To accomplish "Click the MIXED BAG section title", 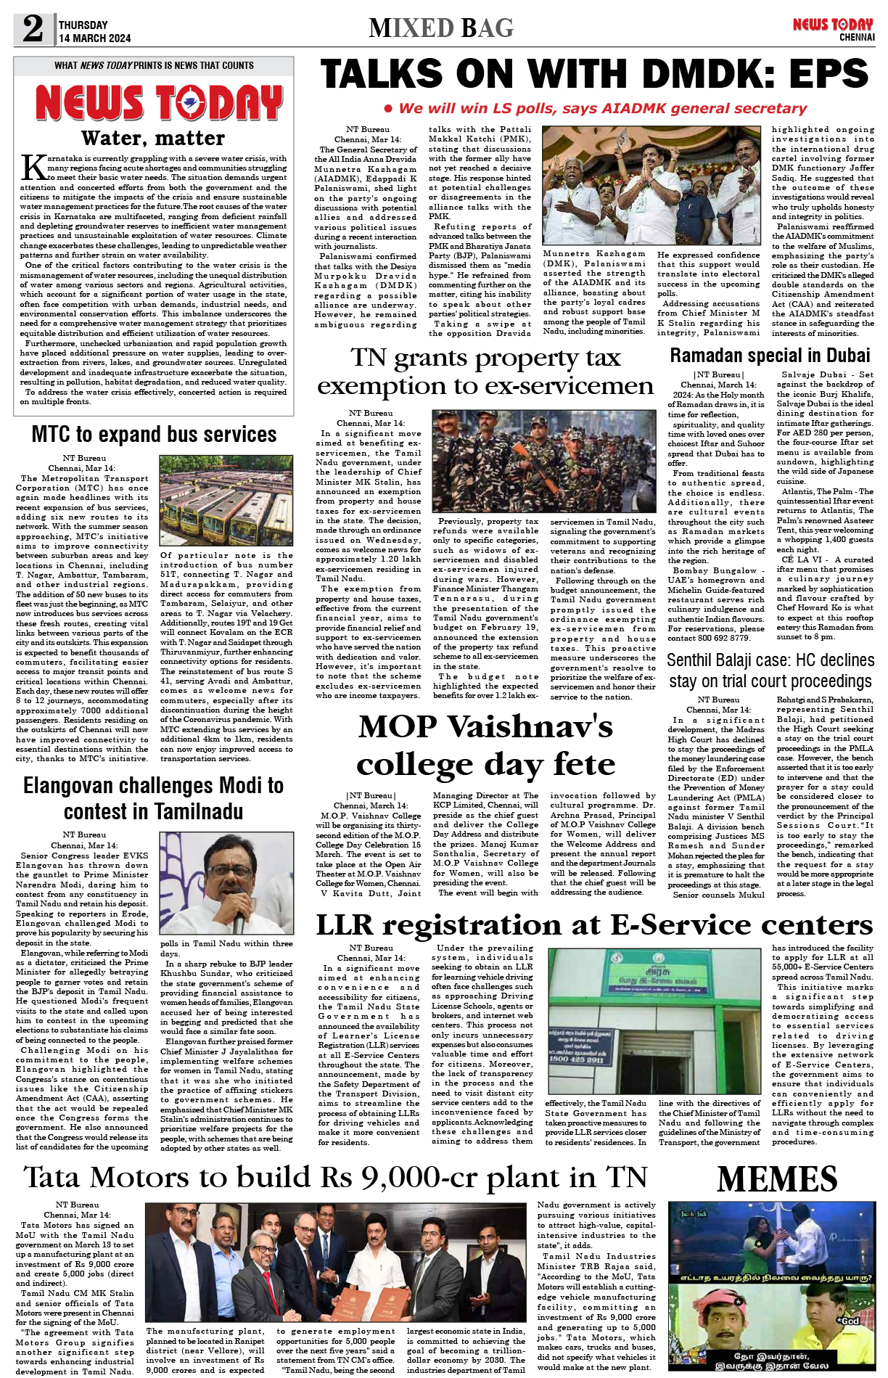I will [x=441, y=28].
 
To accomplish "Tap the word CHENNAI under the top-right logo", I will [x=857, y=38].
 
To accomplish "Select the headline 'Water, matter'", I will [x=153, y=137].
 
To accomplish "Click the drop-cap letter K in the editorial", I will [x=33, y=167].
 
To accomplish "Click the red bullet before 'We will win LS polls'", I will [x=388, y=109].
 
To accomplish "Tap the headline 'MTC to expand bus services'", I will [x=154, y=435].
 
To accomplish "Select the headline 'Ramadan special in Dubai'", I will [x=770, y=356].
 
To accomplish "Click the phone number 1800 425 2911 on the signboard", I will [x=577, y=1059].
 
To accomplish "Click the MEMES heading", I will [x=776, y=1179].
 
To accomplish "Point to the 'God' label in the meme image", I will [x=849, y=1321].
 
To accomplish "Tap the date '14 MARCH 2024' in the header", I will [x=95, y=38].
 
